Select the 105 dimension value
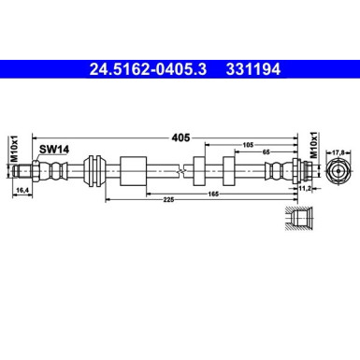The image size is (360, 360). coord(248,145)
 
